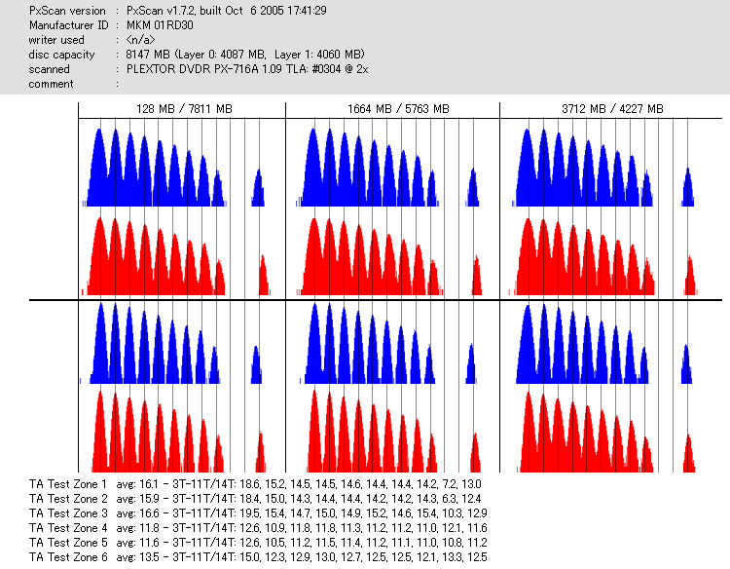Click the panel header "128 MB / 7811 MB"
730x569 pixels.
(184, 109)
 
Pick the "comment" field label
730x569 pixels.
(51, 84)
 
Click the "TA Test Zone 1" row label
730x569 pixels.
(69, 483)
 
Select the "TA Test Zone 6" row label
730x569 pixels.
(69, 556)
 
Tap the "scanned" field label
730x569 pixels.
(50, 69)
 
